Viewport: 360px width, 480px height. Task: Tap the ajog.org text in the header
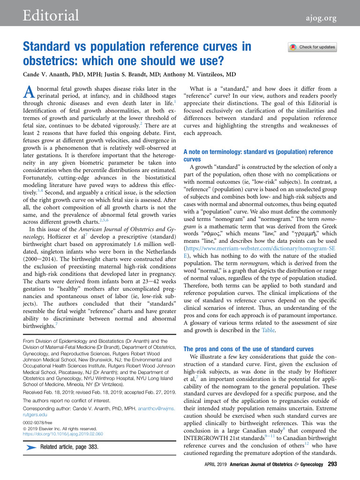point(318,18)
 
